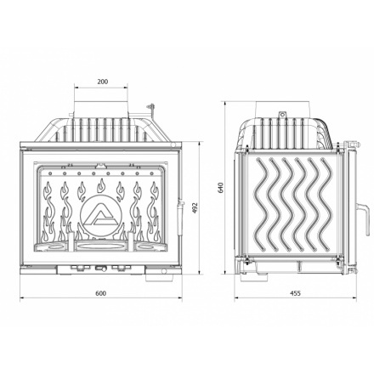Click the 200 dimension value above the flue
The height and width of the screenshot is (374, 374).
click(x=103, y=82)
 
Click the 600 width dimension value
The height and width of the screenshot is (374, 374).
click(x=101, y=294)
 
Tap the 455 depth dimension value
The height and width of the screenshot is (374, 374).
click(x=295, y=294)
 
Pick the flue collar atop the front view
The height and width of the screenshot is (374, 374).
click(x=103, y=109)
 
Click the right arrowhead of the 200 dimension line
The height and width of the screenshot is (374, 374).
click(x=128, y=88)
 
